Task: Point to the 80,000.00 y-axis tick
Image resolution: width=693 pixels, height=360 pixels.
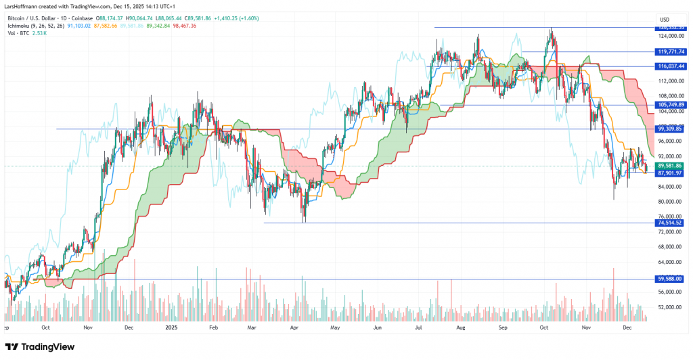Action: (x=668, y=202)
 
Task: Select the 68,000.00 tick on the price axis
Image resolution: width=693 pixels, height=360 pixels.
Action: (x=668, y=247)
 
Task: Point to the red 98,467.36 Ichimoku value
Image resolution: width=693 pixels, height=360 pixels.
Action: (x=184, y=25)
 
